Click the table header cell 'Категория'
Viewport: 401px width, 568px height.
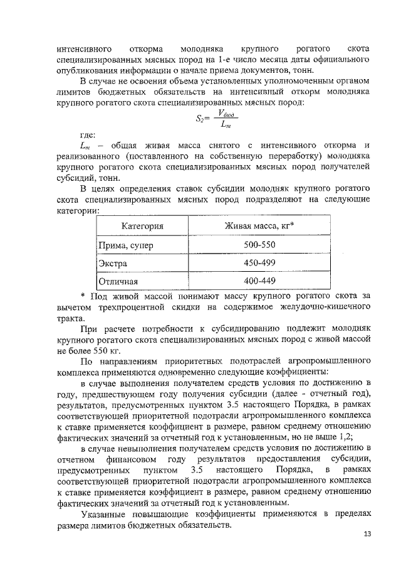[x=142, y=226]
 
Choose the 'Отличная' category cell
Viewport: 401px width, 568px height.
[x=118, y=281]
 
